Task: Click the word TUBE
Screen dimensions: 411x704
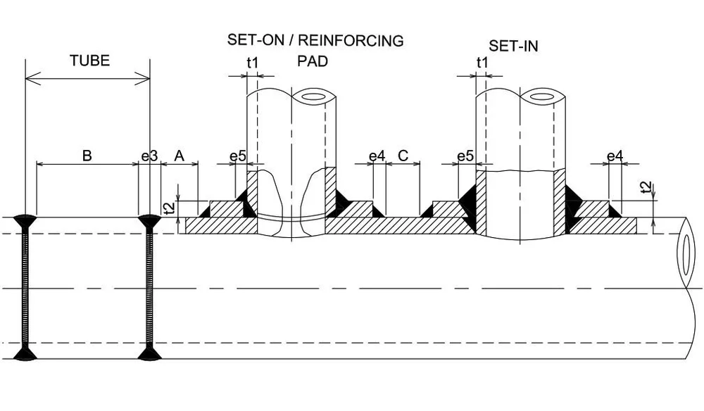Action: coord(89,61)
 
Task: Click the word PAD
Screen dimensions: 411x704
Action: coord(313,62)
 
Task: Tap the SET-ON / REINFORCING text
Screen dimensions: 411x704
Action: coord(315,40)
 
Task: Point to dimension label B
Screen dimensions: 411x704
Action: coord(87,156)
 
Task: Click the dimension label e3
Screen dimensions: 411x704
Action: coord(149,156)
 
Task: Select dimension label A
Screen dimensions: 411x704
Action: coord(179,156)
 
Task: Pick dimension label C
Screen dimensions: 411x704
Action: coord(403,156)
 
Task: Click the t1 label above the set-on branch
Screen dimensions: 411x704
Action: coord(253,63)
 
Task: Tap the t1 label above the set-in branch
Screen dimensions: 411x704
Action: coord(482,63)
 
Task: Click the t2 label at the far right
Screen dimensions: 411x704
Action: coord(647,187)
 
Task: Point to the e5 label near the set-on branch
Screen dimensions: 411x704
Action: coord(237,156)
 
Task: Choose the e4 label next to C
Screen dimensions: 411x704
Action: coord(377,156)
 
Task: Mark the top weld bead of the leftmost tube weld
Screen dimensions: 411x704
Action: coord(25,221)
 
